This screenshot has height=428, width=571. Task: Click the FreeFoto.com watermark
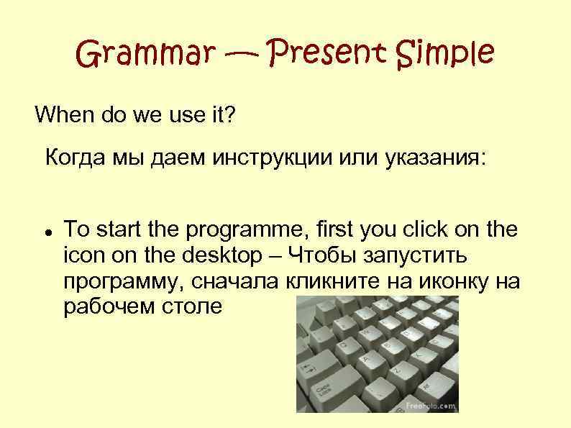point(430,406)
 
